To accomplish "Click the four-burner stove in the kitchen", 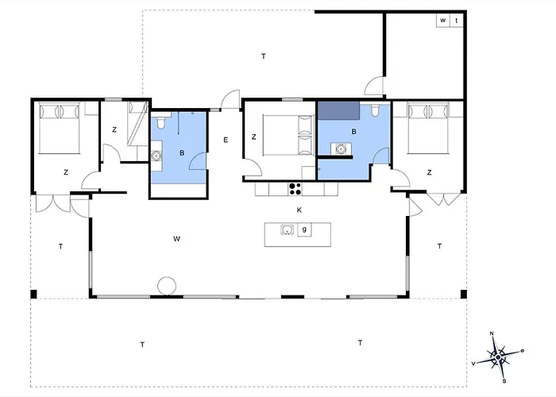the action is [295, 189].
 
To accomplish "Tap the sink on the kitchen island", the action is [287, 230].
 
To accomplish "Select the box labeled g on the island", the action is [304, 229].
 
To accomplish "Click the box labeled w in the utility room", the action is [443, 20].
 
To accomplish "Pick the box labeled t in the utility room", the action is [457, 20].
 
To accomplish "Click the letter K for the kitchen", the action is [299, 210].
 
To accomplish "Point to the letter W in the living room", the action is [176, 239].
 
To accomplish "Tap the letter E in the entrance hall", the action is [226, 140].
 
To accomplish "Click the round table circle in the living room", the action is [167, 286].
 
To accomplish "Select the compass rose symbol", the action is [498, 357].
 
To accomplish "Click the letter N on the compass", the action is [492, 333].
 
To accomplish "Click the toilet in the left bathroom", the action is [160, 122].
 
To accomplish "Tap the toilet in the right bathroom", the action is [375, 110].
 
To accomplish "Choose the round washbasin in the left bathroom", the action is [156, 156].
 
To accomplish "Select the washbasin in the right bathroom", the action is [341, 149].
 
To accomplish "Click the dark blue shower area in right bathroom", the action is [338, 110].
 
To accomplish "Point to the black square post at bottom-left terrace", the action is [33, 294].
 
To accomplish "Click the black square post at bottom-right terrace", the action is [463, 294].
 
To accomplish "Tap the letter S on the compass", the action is [504, 381].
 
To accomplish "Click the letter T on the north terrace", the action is [264, 56].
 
